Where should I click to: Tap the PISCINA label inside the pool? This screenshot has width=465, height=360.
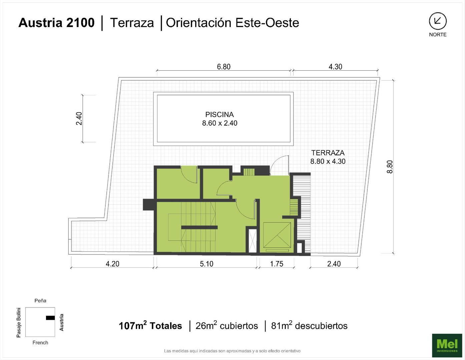[219, 115]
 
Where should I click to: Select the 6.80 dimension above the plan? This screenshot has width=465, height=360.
[223, 67]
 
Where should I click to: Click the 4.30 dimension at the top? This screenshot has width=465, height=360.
[335, 67]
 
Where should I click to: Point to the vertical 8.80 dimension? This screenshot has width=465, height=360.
[390, 167]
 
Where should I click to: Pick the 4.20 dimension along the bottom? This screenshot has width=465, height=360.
[112, 264]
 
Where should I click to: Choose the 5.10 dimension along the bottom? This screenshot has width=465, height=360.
[206, 264]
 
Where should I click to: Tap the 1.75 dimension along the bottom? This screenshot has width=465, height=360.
[277, 264]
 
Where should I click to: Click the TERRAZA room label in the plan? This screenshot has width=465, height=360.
[328, 153]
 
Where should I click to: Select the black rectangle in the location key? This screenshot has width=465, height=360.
[50, 318]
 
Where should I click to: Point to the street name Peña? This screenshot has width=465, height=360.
[40, 301]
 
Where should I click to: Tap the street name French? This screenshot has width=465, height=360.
[40, 342]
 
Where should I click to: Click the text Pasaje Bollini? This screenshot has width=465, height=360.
[19, 323]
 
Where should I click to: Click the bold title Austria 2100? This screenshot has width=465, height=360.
[56, 23]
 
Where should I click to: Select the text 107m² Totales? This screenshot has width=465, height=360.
[150, 326]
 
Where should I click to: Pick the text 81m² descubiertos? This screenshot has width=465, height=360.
[309, 326]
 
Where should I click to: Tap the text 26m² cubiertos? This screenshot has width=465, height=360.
[226, 326]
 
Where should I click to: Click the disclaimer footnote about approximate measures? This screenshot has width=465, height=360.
[232, 351]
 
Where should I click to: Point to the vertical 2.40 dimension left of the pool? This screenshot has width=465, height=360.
[79, 118]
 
